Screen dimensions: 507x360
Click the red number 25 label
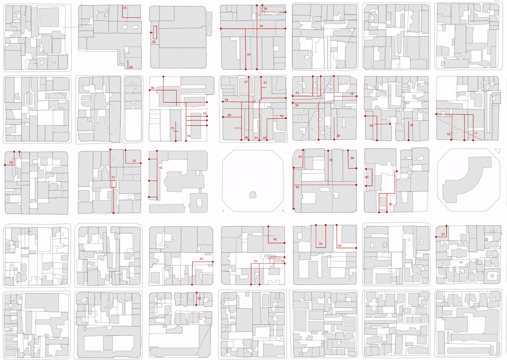[x=125, y=8]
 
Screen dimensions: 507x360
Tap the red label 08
[x=131, y=67]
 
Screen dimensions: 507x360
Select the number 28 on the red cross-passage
[x=261, y=26]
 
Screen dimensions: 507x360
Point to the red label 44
[x=248, y=55]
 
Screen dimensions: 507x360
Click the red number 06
[x=153, y=88]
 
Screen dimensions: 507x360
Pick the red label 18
[x=204, y=113]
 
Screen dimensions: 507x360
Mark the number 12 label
[x=281, y=116]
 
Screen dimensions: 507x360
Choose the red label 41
[x=297, y=93]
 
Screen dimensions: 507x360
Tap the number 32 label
[x=412, y=125]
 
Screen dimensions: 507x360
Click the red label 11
[x=476, y=133]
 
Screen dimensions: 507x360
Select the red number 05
[x=11, y=163]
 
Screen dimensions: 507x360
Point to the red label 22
[x=134, y=161]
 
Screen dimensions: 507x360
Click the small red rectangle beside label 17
[x=113, y=184]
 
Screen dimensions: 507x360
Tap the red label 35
[x=161, y=168]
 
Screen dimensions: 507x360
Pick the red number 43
[x=390, y=204]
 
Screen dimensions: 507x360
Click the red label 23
[x=202, y=259]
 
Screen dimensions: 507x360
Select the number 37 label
[x=443, y=235]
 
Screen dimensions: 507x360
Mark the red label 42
[x=199, y=298]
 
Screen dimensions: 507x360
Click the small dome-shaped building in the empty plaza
[x=253, y=195]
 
